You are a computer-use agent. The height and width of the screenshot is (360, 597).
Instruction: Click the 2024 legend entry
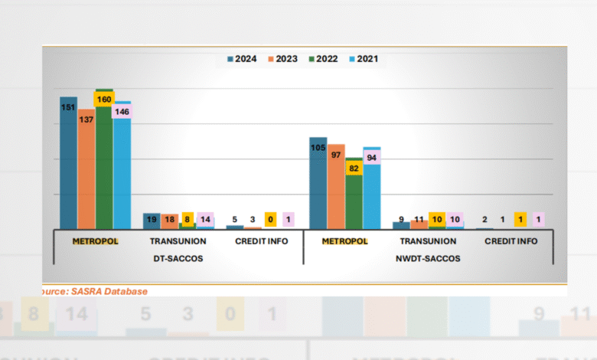(242, 58)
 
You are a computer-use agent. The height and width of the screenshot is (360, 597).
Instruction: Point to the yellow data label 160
(103, 99)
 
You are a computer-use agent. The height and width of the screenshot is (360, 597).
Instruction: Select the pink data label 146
(121, 112)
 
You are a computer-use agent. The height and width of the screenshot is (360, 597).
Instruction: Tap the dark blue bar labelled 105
(318, 184)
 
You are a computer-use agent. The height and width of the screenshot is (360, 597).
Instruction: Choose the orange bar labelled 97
(336, 188)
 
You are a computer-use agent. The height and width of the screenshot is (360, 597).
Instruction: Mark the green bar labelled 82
(354, 199)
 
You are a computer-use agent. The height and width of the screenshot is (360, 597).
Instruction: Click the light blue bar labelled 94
(372, 191)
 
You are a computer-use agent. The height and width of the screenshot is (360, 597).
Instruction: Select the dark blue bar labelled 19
(152, 221)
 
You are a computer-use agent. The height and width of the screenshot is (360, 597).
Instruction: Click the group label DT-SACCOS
(177, 258)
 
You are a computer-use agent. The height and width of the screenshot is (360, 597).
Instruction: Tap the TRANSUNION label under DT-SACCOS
(177, 241)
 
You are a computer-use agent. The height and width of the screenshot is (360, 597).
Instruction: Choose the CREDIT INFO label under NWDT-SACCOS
(511, 241)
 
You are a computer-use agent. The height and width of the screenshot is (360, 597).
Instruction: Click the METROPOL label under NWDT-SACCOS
(344, 241)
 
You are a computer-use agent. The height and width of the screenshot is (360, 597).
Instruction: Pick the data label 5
(234, 219)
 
